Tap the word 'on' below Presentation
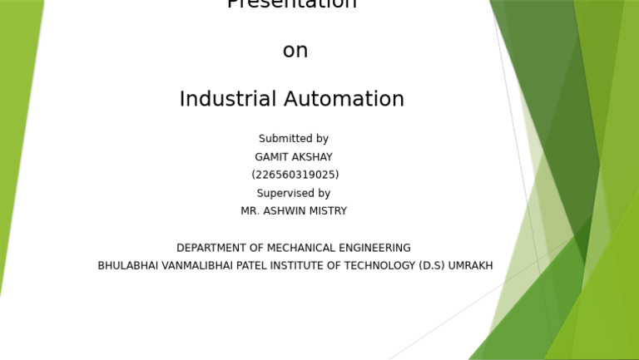295,51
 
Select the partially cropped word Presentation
292,4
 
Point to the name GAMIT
271,157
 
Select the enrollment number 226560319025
295,175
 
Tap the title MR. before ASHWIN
250,212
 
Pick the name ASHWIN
284,212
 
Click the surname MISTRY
328,212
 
